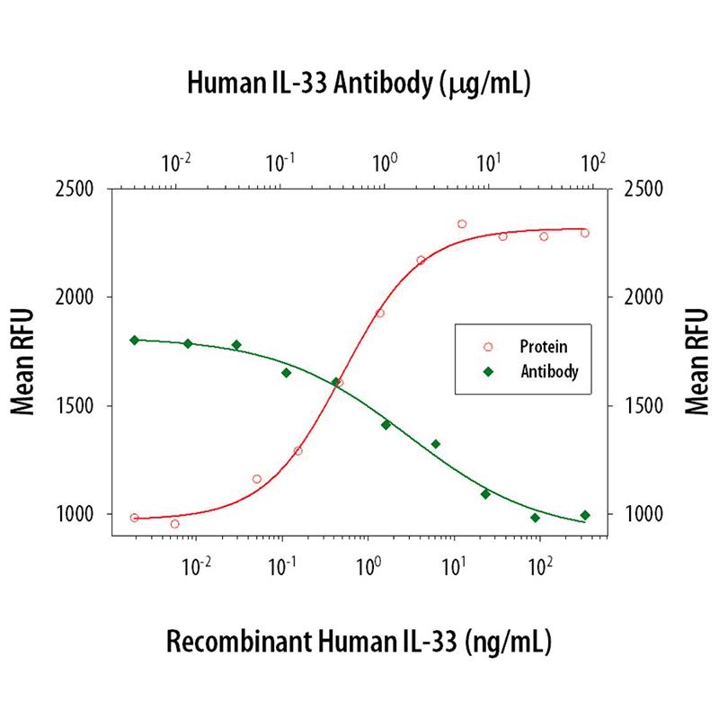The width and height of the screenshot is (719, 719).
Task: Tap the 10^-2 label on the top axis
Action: coord(176,164)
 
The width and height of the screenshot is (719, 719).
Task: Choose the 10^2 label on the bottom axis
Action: coord(541,566)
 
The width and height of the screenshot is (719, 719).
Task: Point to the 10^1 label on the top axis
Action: coord(489,164)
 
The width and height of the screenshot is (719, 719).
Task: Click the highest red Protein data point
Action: coord(462,224)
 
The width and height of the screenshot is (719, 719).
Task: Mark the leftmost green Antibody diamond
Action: coord(135,340)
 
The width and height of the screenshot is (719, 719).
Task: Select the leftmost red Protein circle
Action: coord(135,518)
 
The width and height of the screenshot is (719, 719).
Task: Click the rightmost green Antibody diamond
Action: coord(585,515)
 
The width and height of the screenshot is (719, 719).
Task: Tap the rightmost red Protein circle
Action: coord(585,233)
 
